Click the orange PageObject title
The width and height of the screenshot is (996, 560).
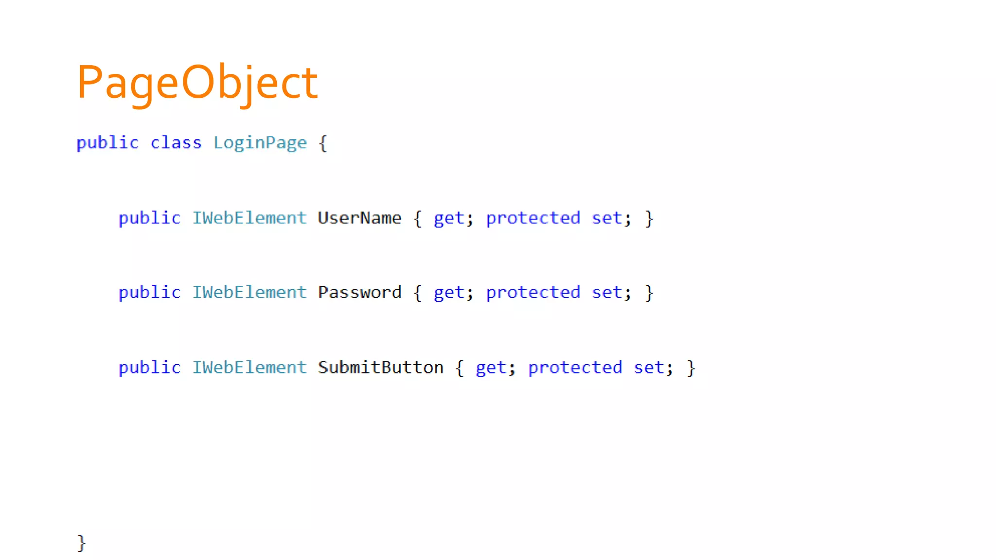(197, 83)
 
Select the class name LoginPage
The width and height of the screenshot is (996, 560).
(260, 143)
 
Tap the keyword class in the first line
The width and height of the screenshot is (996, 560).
(176, 143)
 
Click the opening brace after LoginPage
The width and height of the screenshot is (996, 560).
(323, 143)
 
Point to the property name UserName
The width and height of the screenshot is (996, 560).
(359, 218)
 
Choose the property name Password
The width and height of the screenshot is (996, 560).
(359, 292)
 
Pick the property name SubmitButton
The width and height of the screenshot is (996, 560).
(380, 367)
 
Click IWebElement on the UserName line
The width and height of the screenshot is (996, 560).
(249, 218)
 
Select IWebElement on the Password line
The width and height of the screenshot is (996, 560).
(249, 292)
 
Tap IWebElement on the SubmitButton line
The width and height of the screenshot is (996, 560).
(249, 367)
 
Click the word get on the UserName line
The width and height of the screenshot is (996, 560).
(449, 218)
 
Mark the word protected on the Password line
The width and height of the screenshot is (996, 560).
(533, 293)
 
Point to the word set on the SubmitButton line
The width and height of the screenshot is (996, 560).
(648, 367)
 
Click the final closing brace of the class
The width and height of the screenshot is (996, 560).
(81, 542)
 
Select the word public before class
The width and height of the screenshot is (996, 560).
(107, 143)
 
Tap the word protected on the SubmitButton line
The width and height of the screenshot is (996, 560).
(575, 368)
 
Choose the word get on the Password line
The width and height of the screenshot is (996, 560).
(449, 293)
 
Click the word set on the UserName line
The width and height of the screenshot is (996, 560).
(606, 218)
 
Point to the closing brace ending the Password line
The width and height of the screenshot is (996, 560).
(649, 293)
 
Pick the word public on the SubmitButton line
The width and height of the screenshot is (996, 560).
(149, 367)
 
